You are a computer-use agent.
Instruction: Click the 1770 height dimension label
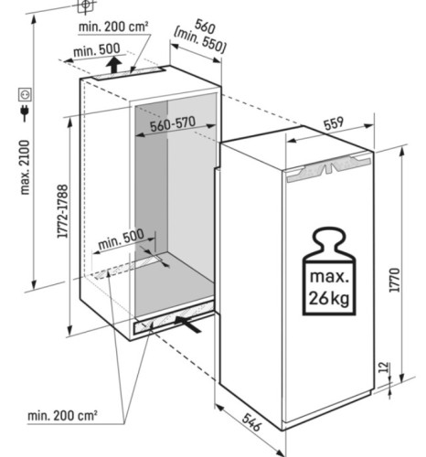point(395,280)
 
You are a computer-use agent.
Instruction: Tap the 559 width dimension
point(334,123)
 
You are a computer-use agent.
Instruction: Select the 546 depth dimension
point(251,422)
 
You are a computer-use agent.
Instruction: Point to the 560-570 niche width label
point(173,123)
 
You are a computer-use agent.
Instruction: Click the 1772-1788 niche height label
point(62,211)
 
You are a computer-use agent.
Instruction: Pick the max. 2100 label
point(25,167)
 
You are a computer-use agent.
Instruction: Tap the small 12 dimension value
point(385,367)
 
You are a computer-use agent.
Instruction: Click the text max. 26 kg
point(329,288)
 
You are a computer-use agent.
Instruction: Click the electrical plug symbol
point(25,112)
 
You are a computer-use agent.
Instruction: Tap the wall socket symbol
point(25,94)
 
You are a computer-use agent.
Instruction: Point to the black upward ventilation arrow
point(114,64)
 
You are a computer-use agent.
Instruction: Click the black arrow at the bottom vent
point(188,324)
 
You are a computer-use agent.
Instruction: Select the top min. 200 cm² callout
point(113,27)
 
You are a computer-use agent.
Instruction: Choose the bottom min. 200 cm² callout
point(62,415)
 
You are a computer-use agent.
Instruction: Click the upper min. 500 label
point(97,50)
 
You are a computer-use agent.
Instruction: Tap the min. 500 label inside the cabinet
point(121,239)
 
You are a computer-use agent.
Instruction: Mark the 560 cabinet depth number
point(205,27)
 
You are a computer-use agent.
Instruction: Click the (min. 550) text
point(199,42)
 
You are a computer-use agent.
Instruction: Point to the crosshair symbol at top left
point(86,5)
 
